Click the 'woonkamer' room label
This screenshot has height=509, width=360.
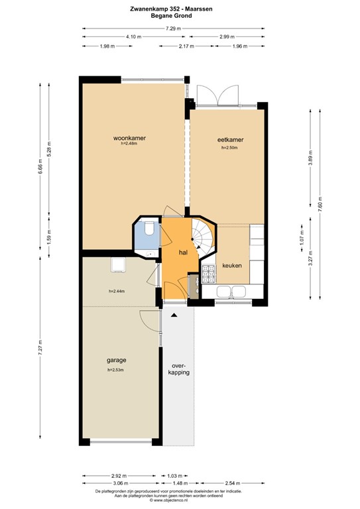(129, 139)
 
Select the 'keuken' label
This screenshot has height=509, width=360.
(232, 265)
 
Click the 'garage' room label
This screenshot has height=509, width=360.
(117, 361)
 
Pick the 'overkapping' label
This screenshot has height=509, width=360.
(180, 368)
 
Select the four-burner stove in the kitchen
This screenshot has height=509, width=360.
(209, 272)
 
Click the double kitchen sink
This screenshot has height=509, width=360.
(229, 291)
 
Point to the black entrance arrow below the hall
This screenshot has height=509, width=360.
(174, 315)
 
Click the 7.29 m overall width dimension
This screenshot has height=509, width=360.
(173, 28)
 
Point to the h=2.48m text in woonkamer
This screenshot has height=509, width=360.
(129, 145)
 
